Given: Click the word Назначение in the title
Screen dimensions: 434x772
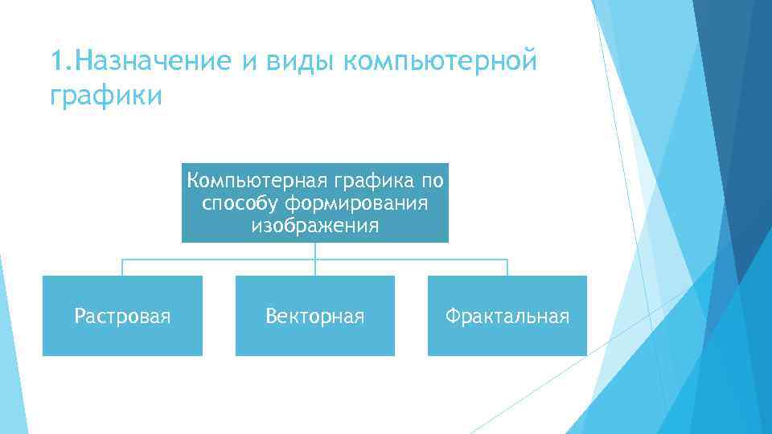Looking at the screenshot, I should (147, 60).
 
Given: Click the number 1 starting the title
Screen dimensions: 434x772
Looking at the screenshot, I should (55, 60).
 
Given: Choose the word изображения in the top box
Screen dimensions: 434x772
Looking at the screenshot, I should (314, 226).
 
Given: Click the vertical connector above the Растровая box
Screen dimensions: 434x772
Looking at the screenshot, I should (122, 268).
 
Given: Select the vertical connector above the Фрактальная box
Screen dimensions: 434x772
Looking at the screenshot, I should (507, 268).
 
